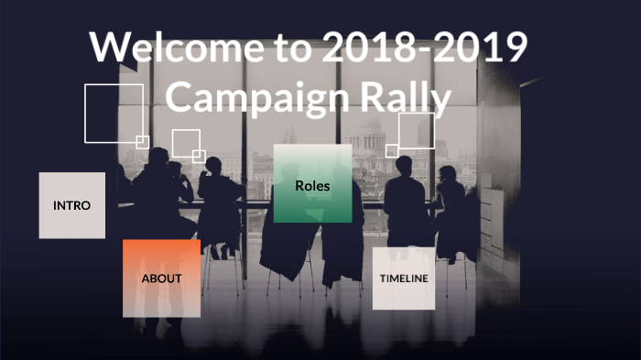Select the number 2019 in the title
tap(483, 48)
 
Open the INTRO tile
tap(72, 205)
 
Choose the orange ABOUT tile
tap(161, 278)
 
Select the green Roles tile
tap(312, 184)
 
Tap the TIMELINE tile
tap(403, 278)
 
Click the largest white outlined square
tap(114, 113)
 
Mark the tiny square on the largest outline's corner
tap(142, 141)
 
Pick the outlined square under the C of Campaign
tap(186, 144)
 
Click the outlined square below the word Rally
tap(417, 131)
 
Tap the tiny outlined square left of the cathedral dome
tap(392, 150)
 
